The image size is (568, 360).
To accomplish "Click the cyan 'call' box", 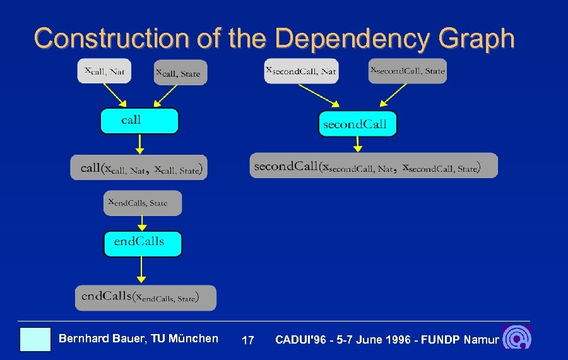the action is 139,121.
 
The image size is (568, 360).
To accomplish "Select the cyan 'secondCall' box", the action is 357,124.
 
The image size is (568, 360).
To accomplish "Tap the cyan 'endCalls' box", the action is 143,243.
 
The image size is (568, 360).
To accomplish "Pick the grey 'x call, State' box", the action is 180,73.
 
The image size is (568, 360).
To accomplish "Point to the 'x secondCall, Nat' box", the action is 301,70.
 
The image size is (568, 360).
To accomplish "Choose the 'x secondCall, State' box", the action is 407,70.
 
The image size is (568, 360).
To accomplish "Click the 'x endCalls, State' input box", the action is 143,203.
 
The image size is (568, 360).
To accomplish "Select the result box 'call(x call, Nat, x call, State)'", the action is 139,167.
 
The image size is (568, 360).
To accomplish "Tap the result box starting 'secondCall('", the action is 374,165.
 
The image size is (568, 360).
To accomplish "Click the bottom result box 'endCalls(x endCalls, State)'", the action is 145,297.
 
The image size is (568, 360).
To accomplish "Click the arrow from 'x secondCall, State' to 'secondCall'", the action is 392,95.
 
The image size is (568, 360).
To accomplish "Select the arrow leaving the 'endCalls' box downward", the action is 142,270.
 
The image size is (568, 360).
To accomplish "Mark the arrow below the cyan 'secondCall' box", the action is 358,144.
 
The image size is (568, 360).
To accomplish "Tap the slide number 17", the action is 248,340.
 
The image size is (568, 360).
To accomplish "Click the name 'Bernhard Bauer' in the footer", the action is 100,339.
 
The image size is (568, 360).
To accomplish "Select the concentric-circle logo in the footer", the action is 518,338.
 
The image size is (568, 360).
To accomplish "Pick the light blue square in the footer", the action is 35,339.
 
